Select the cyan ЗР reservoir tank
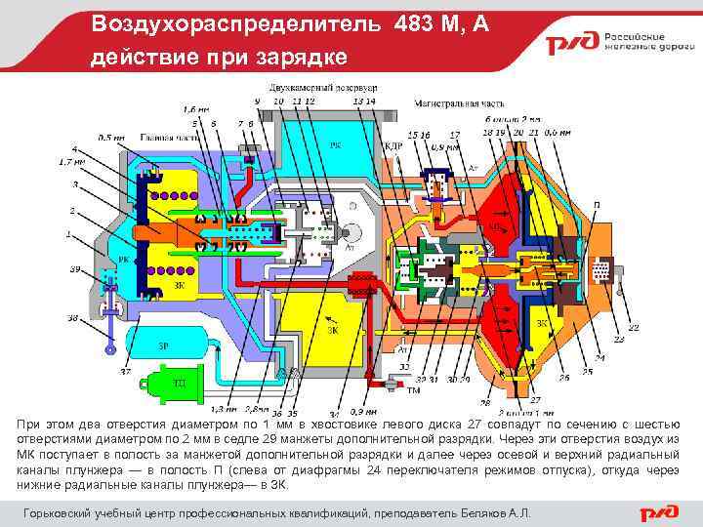171,346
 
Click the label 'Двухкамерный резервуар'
309,89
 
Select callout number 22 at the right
634,327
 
